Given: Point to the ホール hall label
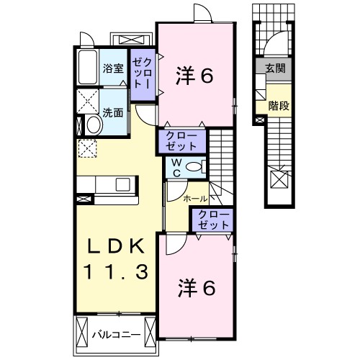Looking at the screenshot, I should coord(195,198).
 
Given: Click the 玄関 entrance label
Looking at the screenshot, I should coord(274,69).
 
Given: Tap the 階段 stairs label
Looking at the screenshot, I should coord(278,106).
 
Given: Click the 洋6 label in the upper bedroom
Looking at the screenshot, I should coord(195,76).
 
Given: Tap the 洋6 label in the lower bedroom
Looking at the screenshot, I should coord(197,289).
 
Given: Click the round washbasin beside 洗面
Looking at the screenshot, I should coord(92,125).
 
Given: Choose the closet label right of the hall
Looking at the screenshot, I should coord(212,220).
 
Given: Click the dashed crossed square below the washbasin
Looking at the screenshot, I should coord(87,149).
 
